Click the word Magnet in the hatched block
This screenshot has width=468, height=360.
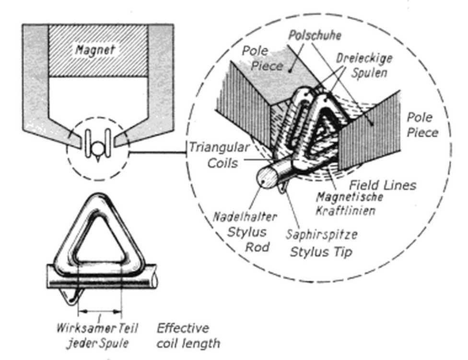[95, 49]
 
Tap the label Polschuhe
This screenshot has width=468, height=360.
[315, 36]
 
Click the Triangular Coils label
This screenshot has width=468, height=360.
[220, 155]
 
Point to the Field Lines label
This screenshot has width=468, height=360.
[383, 185]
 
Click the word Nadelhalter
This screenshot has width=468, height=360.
[245, 217]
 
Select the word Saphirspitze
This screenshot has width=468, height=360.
[321, 235]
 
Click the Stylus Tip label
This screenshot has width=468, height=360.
[321, 252]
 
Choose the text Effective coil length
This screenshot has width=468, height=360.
[188, 336]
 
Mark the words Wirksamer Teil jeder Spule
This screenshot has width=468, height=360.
[97, 336]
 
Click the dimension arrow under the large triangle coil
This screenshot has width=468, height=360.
[100, 312]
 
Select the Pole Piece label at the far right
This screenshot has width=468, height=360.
[422, 125]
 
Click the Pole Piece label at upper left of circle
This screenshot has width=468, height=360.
[262, 59]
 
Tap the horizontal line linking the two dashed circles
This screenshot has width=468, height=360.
[158, 153]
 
